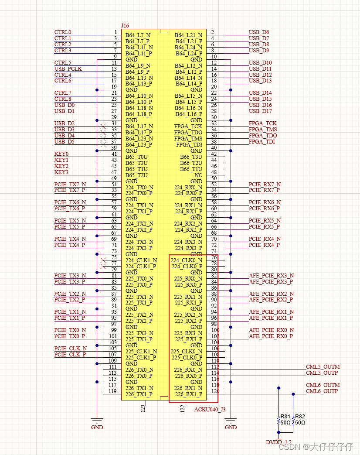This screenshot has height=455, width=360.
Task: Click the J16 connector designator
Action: tap(125, 26)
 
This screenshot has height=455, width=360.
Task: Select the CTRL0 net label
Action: tap(63, 32)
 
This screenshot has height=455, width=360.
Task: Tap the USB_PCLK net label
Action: tap(68, 69)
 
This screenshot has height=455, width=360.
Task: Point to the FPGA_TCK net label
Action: tap(262, 123)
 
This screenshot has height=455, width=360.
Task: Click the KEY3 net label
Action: tap(61, 172)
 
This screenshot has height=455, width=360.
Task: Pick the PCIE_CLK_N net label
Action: tap(70, 349)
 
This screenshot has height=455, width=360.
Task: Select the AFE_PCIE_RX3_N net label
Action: tap(271, 276)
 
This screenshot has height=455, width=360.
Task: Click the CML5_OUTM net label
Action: tap(323, 367)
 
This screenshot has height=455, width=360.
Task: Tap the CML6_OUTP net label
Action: tap(322, 391)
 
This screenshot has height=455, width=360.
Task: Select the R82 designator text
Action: tap(300, 417)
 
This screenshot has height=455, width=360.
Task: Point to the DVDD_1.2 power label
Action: tap(278, 442)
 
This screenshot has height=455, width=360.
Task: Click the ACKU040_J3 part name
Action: tap(210, 409)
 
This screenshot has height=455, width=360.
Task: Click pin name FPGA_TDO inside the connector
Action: tap(188, 132)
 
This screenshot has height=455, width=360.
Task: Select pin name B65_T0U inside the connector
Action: tap(136, 157)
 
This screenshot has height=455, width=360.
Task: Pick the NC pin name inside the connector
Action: tap(198, 175)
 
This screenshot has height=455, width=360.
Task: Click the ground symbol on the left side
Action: tap(97, 421)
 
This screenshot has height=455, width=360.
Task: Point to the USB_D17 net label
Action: tap(260, 111)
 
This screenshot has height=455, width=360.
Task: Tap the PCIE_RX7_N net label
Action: tap(265, 185)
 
